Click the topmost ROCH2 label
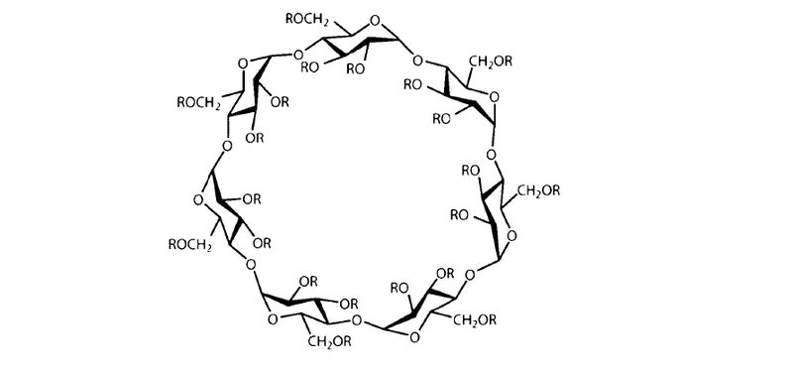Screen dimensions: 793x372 tap(307, 20)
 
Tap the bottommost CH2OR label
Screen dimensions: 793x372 tap(329, 341)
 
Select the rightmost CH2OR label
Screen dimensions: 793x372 tap(538, 191)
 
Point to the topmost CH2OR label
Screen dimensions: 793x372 tap(491, 62)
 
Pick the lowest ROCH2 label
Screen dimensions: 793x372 tap(189, 245)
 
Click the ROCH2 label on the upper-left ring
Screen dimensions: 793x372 tap(199, 103)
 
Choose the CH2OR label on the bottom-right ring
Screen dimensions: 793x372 tap(474, 320)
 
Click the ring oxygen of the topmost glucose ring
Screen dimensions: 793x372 tap(375, 21)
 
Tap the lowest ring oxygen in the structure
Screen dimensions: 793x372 tap(414, 337)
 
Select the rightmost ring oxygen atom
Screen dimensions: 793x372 tap(511, 235)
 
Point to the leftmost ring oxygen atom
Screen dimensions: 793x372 tap(198, 200)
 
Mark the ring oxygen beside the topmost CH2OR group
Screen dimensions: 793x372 tap(494, 96)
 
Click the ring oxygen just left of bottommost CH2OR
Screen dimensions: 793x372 tap(273, 318)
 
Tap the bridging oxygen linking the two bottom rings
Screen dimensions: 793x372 tap(357, 319)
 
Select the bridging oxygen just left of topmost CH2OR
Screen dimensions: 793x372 tap(417, 62)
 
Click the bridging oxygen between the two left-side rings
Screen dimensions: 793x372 tap(227, 146)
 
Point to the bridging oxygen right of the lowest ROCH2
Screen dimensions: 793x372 tap(250, 264)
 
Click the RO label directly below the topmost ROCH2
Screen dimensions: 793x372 tap(309, 67)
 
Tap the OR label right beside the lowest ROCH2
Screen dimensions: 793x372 tap(262, 243)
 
